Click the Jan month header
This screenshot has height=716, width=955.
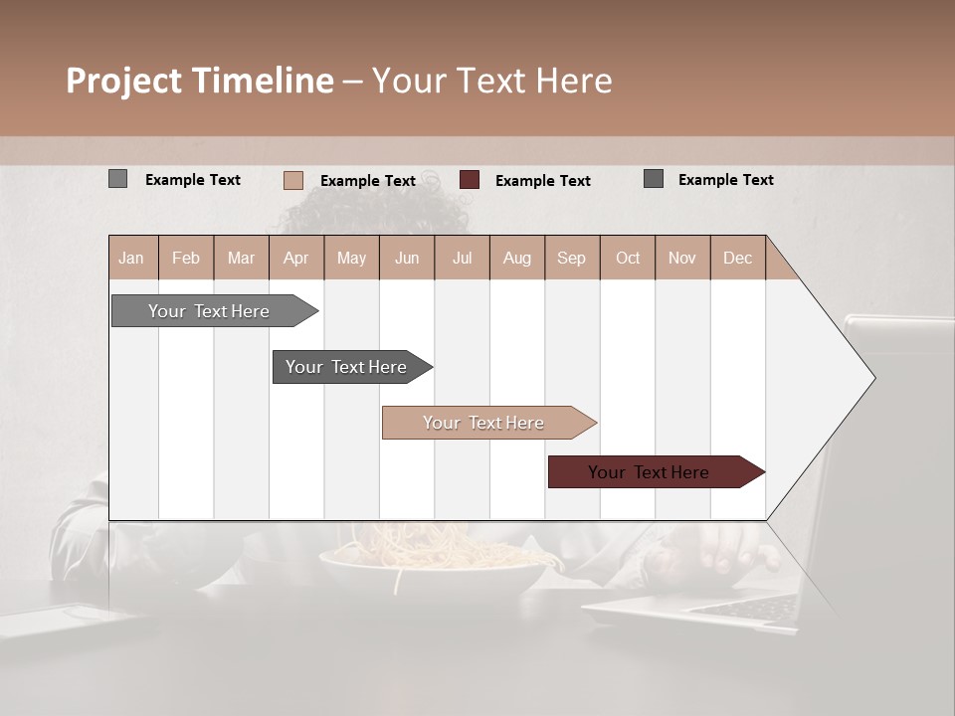131,259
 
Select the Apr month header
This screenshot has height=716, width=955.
295,259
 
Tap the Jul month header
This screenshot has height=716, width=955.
462,259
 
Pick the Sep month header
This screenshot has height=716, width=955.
571,259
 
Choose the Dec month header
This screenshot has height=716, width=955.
737,259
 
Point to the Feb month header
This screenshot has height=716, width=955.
186,259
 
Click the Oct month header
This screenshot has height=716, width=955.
628,259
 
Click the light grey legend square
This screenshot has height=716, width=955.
117,179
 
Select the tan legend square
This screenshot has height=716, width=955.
292,180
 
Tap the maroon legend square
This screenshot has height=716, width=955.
470,180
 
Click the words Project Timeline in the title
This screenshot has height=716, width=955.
200,81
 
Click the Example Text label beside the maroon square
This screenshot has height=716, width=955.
542,181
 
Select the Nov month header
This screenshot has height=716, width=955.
682,259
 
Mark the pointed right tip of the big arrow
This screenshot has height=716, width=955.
873,377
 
